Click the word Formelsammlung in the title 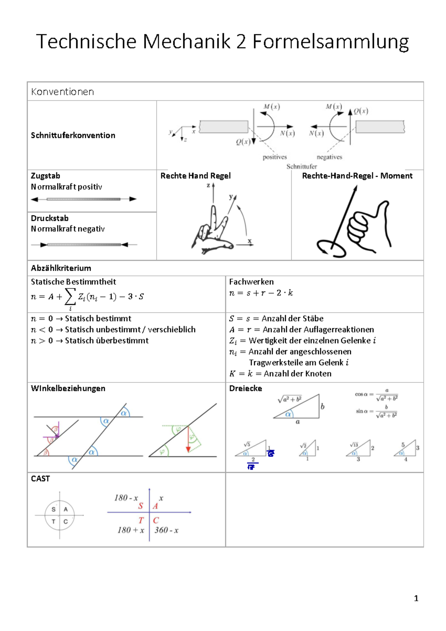point(330,42)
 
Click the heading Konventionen point(62,92)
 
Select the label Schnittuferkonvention point(73,135)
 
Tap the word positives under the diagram point(275,157)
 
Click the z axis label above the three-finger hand point(208,185)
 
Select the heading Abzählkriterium point(61,268)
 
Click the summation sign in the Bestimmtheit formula point(70,297)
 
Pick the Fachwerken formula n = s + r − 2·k point(261,293)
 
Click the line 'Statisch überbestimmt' point(107,341)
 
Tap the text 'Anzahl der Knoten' point(297,374)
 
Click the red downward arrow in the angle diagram point(188,441)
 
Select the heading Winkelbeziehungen point(68,388)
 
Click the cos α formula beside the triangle point(376,395)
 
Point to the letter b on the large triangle point(323,406)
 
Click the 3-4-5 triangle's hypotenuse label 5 point(403,445)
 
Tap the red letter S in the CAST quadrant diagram point(140,506)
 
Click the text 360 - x point(167,530)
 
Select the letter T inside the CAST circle point(54,521)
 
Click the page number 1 point(416,598)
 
